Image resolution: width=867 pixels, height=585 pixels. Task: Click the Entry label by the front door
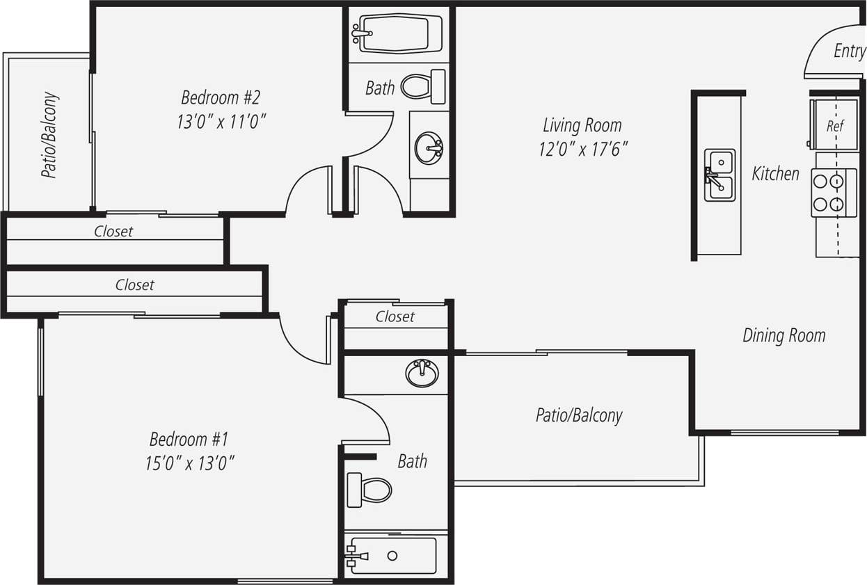tap(849, 51)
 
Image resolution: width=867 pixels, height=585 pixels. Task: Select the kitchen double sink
tap(719, 175)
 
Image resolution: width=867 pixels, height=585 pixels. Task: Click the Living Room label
tap(582, 126)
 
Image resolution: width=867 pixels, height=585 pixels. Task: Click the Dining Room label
tap(784, 335)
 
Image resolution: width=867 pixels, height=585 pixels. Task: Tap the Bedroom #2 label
tap(220, 97)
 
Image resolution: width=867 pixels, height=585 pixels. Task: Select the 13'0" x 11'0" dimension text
tap(221, 122)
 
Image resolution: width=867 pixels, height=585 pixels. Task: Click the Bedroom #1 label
tap(189, 440)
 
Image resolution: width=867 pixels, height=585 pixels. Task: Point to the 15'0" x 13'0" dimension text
tap(189, 463)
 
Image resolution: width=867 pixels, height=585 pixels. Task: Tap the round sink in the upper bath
tap(429, 148)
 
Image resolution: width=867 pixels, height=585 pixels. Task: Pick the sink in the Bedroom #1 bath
tap(422, 373)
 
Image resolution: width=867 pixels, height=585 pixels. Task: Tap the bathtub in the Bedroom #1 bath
tap(393, 555)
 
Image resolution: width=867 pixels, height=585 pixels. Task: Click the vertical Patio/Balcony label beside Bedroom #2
tap(50, 136)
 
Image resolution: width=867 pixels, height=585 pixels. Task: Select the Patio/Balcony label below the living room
tap(579, 415)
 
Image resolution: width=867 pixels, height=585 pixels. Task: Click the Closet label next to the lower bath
tap(395, 316)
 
